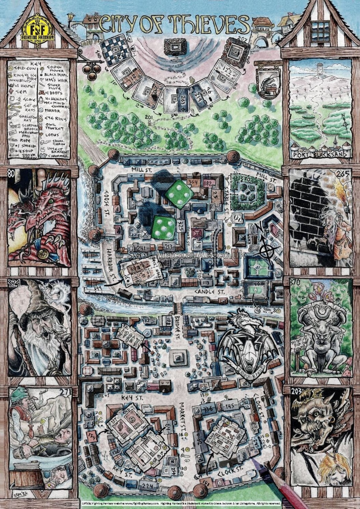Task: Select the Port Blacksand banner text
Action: (x=320, y=154)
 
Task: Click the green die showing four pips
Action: (x=179, y=195)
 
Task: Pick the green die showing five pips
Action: (x=163, y=228)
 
